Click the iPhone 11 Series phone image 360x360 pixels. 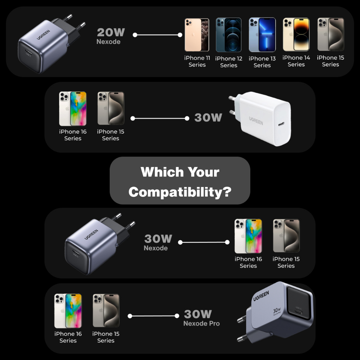(197, 35)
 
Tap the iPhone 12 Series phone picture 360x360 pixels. (229, 35)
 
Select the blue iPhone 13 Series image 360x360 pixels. (262, 35)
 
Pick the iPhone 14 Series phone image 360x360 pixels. (296, 34)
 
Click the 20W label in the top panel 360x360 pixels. (111, 32)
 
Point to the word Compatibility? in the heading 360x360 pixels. (180, 192)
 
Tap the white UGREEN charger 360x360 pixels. (260, 118)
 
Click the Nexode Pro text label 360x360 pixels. (201, 323)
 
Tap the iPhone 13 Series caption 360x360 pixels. (262, 62)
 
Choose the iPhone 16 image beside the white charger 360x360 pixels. (73, 109)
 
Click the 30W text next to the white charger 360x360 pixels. (208, 117)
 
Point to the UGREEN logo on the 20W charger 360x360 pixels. (43, 35)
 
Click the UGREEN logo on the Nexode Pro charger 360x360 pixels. (261, 296)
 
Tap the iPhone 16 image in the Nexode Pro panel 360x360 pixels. (68, 311)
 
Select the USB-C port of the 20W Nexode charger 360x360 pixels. (28, 54)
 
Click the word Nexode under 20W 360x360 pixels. (108, 42)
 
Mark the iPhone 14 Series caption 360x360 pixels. (296, 61)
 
